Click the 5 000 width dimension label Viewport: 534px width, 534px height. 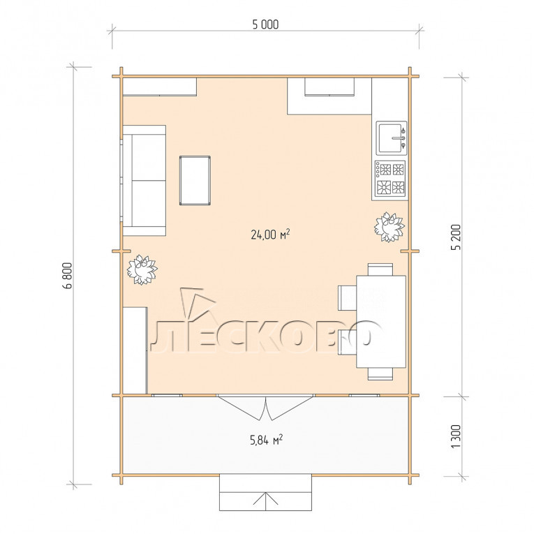[x=265, y=24]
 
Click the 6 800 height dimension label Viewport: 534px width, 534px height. [x=68, y=276]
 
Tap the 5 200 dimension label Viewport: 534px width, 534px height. [x=456, y=237]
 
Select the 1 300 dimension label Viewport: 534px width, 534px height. [x=456, y=436]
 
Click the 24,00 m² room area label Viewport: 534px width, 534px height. [x=270, y=235]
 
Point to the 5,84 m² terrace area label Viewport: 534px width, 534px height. [x=267, y=440]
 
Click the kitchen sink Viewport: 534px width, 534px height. [x=392, y=138]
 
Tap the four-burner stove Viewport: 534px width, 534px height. [x=390, y=179]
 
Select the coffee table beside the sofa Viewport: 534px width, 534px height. [x=195, y=181]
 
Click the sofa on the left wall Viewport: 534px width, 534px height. [x=144, y=181]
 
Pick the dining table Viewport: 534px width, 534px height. [x=381, y=322]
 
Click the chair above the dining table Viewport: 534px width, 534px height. [x=380, y=269]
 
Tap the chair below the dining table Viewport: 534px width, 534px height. [x=380, y=373]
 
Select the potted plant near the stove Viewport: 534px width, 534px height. [x=390, y=227]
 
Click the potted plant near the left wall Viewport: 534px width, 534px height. [x=142, y=269]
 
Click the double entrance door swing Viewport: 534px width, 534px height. [x=265, y=408]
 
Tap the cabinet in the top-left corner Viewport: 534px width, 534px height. [x=159, y=87]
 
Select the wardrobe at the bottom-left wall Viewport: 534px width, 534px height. [x=135, y=350]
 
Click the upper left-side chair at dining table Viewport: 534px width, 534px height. [x=347, y=298]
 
